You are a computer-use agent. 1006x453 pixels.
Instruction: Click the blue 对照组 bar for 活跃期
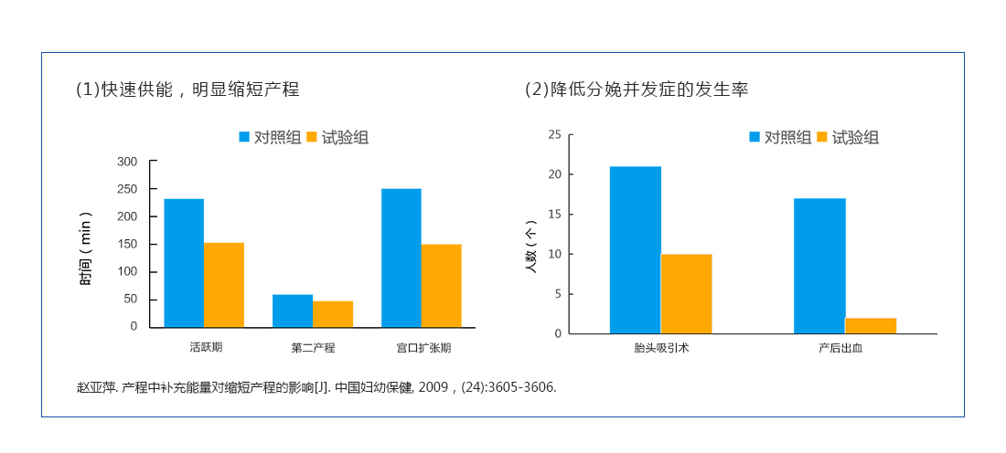coord(184,263)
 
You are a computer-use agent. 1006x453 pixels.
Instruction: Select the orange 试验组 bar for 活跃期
coord(224,284)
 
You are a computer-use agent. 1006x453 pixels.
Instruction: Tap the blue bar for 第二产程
coord(293,311)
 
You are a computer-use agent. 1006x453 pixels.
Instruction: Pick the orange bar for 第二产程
coord(333,314)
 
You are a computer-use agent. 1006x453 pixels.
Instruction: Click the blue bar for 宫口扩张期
coord(401,258)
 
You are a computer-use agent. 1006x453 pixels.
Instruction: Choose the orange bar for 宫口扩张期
coord(441,285)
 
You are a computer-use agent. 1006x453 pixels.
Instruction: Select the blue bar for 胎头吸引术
coord(636,249)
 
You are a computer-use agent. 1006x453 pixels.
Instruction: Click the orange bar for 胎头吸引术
coord(686,293)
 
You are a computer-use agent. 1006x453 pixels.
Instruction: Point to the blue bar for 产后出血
coord(819,266)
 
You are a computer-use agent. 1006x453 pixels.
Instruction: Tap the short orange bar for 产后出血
coord(871,326)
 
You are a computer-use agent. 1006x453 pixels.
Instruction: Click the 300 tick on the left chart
coord(127,162)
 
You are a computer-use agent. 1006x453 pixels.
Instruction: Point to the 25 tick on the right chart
coord(554,134)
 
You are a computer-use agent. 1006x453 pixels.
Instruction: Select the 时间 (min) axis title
coord(85,248)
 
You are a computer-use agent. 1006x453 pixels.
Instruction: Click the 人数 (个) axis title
coord(530,248)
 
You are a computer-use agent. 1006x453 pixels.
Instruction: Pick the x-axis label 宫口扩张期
coord(423,348)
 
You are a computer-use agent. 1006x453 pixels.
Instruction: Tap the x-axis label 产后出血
coord(846,348)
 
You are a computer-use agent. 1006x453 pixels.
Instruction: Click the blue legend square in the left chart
coord(244,137)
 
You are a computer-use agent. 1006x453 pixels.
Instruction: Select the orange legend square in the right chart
coord(821,137)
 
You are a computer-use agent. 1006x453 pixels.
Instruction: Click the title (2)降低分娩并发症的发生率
coord(637,90)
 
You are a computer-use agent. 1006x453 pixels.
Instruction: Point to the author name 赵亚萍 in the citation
coord(96,387)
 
